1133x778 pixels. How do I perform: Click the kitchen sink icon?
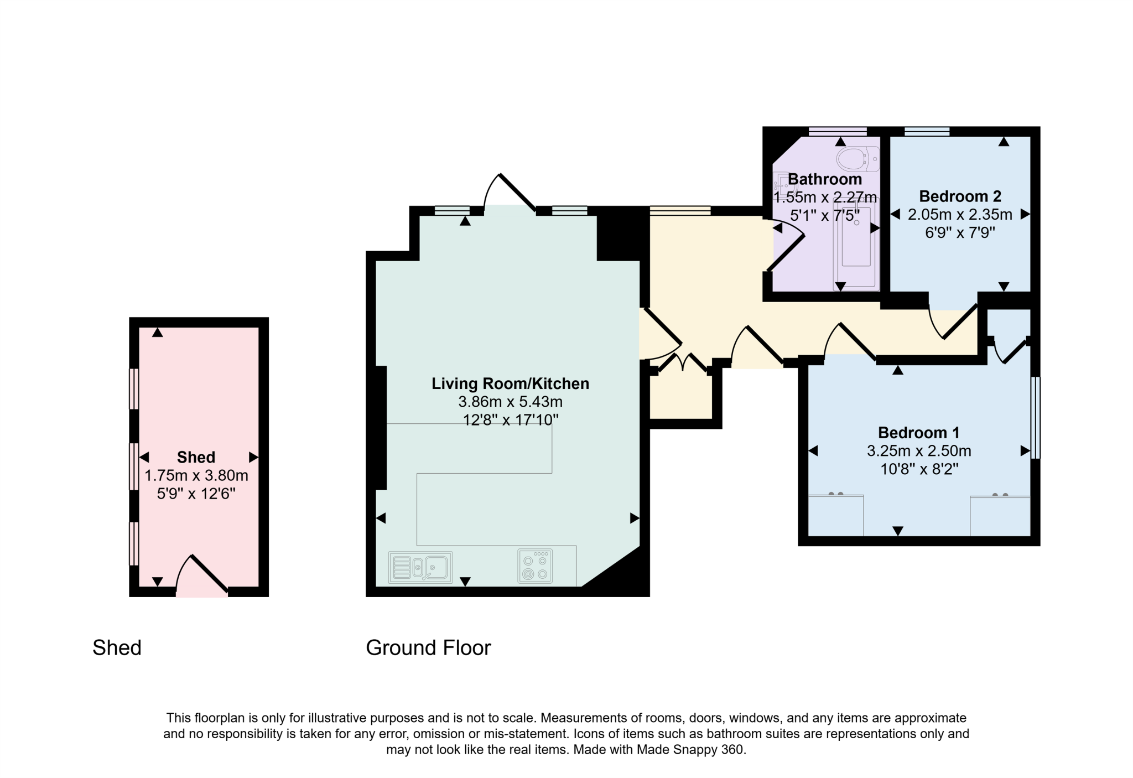(420, 567)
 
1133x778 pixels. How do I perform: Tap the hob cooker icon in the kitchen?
(534, 566)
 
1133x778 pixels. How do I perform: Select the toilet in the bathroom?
(857, 159)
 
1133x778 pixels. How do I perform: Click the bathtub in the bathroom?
(856, 243)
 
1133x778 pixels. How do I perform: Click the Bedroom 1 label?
(919, 432)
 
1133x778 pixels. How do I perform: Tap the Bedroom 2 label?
(960, 196)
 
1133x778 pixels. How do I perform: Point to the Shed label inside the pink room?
(196, 457)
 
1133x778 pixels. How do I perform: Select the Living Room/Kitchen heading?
(510, 383)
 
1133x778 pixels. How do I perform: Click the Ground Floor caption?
(428, 647)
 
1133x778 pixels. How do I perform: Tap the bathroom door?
(786, 252)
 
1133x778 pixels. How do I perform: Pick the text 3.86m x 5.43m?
(510, 402)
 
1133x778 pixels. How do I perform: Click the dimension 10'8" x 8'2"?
(919, 469)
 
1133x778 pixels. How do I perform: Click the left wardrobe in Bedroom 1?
(835, 515)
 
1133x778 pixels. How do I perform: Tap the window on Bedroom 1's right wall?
(1036, 418)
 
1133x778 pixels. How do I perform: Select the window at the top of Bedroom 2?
(927, 131)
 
